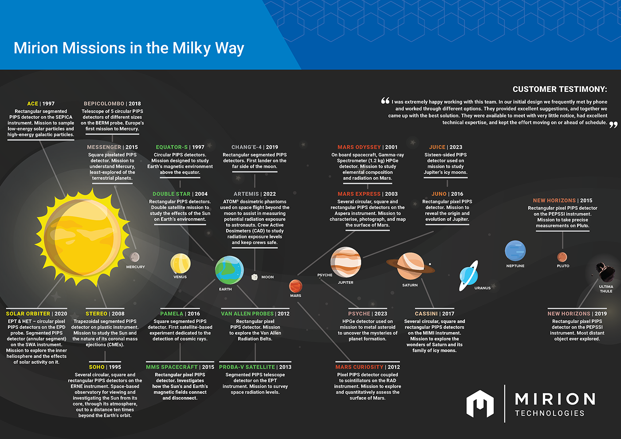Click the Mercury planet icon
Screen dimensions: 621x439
(135, 257)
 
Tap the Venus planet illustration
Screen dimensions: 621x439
(181, 263)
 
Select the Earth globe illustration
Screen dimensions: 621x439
(229, 270)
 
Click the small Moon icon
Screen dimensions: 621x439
(254, 277)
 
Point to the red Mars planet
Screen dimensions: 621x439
(295, 286)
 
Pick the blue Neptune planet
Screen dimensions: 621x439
(515, 251)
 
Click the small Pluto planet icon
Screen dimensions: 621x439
(562, 257)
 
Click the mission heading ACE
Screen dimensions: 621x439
(32, 104)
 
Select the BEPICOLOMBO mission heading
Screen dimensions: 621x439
(104, 104)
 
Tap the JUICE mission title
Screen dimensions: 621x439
(437, 147)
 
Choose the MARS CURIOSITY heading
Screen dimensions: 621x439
(359, 367)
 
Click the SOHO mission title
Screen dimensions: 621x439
(97, 367)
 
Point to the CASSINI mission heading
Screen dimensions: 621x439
(426, 314)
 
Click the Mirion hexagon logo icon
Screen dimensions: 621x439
(480, 404)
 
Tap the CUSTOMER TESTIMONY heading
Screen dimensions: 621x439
(560, 89)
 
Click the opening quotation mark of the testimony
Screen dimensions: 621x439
(385, 100)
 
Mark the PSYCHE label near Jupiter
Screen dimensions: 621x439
(325, 275)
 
